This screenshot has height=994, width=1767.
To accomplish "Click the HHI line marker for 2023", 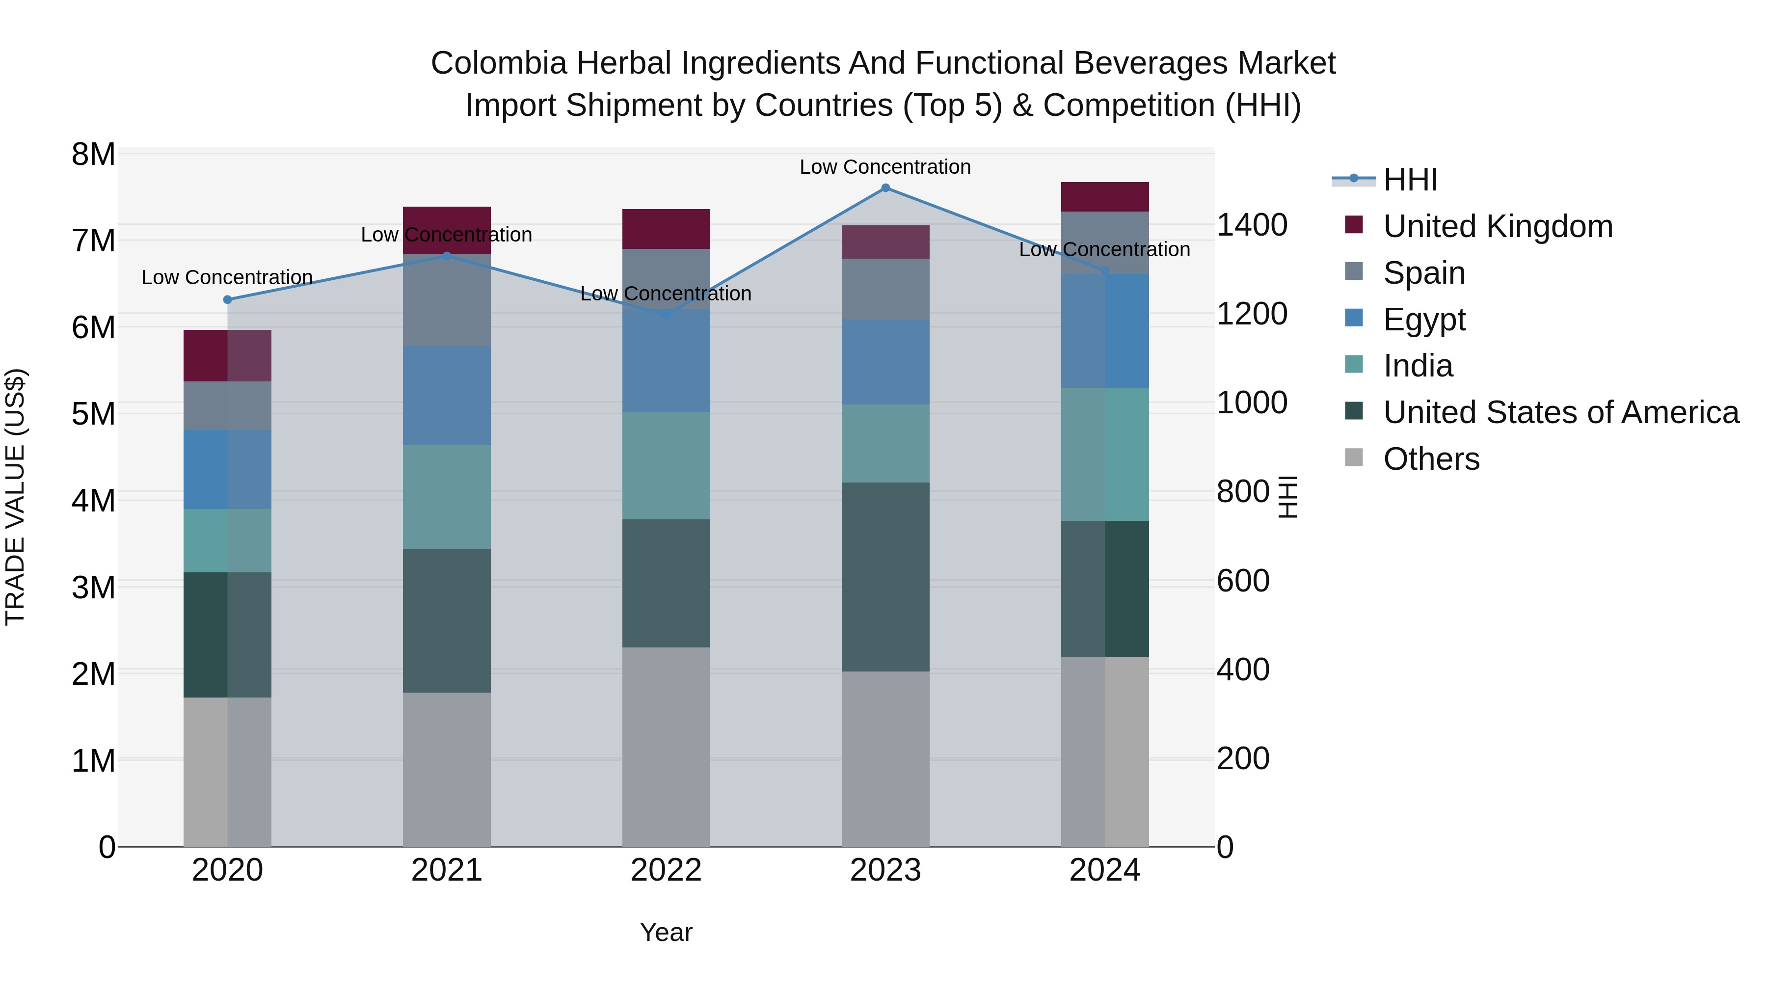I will tap(885, 188).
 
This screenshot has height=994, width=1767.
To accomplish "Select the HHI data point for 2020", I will tap(228, 300).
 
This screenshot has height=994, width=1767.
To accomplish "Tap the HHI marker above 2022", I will tap(666, 314).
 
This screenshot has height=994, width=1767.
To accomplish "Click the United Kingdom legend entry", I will tap(1498, 226).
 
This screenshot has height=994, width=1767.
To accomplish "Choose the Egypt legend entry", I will tap(1424, 320).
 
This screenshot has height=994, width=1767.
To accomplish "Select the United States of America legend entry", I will tap(1560, 412).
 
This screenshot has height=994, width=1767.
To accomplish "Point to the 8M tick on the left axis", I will tap(93, 154).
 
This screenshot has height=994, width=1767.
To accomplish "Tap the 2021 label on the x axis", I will tap(447, 870).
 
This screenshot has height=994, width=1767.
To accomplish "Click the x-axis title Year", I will tap(666, 932).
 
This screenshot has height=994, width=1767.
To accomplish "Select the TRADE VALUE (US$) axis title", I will tap(16, 497).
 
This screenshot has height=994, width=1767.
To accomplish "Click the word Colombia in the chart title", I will tap(499, 64).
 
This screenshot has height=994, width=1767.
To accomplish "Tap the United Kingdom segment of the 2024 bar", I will tap(1104, 197).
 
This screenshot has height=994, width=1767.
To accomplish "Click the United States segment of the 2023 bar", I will tap(885, 577).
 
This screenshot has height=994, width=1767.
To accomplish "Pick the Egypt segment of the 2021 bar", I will tap(447, 396).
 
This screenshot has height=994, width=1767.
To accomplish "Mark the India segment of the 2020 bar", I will tap(228, 540).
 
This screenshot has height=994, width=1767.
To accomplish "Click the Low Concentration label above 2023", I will tap(885, 167).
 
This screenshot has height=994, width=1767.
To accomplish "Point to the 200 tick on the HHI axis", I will tap(1242, 759).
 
